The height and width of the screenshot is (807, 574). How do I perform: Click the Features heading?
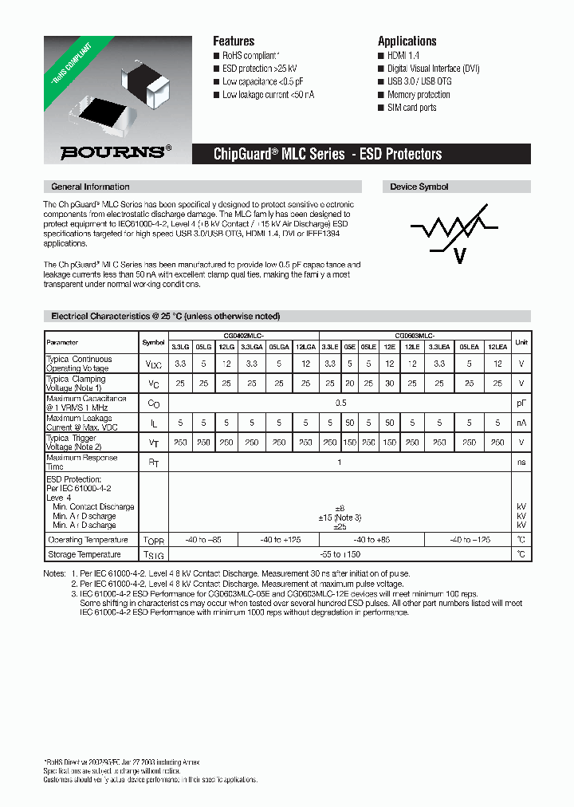234,41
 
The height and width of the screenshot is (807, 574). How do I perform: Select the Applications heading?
407,41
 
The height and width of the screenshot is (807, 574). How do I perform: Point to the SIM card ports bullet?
411,108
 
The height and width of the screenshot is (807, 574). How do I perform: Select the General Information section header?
90,187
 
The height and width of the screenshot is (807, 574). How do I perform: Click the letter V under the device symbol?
458,255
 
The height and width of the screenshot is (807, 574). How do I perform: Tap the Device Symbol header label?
419,187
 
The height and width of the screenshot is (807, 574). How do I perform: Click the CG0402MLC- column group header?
243,335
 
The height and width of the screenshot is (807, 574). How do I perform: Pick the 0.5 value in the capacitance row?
340,403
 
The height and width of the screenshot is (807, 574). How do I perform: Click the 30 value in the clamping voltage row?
389,384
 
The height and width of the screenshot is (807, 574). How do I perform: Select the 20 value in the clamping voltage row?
349,384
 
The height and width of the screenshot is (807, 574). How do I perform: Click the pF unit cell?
521,403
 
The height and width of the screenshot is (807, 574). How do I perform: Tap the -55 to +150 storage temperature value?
340,554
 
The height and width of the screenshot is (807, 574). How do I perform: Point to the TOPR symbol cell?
152,540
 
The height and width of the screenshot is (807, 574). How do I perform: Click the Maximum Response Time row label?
82,463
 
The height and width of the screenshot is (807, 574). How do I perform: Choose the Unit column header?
521,342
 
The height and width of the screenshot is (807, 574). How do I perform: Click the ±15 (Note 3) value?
340,517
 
